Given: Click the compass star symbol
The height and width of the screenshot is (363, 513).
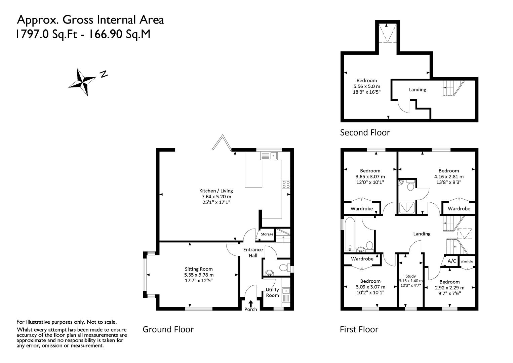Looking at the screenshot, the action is pyautogui.click(x=82, y=82).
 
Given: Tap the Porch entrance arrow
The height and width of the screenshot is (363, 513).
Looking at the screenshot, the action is pyautogui.click(x=251, y=304).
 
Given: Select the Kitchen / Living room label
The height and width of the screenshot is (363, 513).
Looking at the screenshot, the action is pyautogui.click(x=216, y=191).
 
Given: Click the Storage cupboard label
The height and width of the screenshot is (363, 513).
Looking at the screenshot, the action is pyautogui.click(x=267, y=234).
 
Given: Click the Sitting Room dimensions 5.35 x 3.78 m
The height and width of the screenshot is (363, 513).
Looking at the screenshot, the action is pyautogui.click(x=199, y=275).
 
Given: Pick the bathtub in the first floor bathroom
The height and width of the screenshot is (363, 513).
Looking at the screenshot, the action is pyautogui.click(x=350, y=234).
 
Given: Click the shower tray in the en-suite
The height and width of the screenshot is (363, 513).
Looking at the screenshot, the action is pyautogui.click(x=407, y=207).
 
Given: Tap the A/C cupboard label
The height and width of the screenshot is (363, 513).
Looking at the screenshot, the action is pyautogui.click(x=452, y=261).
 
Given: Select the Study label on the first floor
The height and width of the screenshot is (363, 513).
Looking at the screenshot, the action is pyautogui.click(x=410, y=276).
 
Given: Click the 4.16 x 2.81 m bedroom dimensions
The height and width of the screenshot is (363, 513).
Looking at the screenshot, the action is pyautogui.click(x=449, y=176).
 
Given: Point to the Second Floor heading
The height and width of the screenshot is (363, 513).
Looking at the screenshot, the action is pyautogui.click(x=365, y=132).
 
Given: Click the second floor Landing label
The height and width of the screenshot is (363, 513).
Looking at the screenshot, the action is pyautogui.click(x=418, y=89).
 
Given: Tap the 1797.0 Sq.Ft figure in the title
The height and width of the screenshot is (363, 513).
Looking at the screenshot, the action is pyautogui.click(x=47, y=34).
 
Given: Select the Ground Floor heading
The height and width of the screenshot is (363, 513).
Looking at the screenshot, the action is pyautogui.click(x=168, y=329).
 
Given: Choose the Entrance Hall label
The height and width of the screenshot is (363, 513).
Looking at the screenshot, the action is pyautogui.click(x=253, y=252).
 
